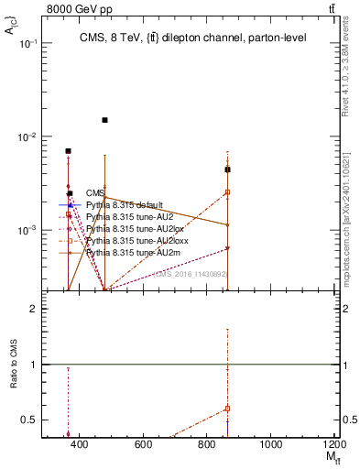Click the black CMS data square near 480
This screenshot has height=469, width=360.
pyautogui.click(x=105, y=120)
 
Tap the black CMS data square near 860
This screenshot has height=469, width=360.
pyautogui.click(x=227, y=169)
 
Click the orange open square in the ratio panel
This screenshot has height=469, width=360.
pyautogui.click(x=227, y=409)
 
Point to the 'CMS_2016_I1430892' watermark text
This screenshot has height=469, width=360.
pyautogui.click(x=190, y=274)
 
